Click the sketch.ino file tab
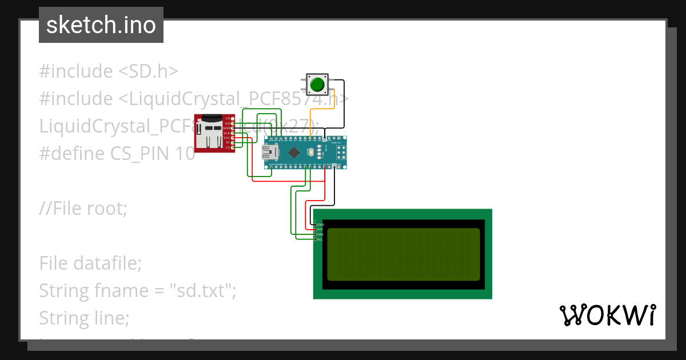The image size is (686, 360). coord(101,25)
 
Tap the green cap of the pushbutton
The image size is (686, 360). coord(317,86)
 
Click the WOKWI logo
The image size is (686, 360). coord(608,315)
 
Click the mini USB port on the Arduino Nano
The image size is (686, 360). coord(269,152)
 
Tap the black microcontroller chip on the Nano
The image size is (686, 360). coord(294,152)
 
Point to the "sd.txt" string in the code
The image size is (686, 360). coord(202,291)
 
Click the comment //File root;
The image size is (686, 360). coord(83,208)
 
